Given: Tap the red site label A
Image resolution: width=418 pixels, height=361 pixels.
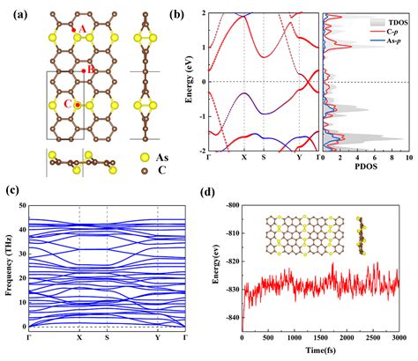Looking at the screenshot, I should pyautogui.click(x=84, y=29).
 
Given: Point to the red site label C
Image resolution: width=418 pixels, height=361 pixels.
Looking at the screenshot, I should pyautogui.click(x=68, y=104).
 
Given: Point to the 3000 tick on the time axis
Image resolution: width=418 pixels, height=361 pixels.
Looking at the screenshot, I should pyautogui.click(x=399, y=340).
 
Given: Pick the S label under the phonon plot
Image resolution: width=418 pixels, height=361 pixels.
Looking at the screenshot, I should pyautogui.click(x=107, y=338).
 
